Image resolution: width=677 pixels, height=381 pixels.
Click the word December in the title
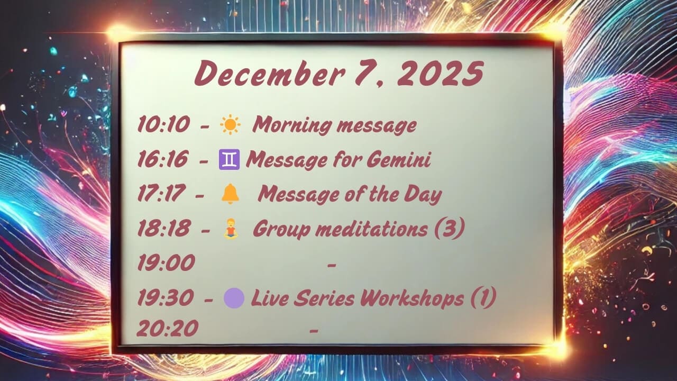[270, 72]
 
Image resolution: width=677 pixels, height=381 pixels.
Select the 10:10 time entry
[163, 124]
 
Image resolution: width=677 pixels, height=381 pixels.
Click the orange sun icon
[230, 124]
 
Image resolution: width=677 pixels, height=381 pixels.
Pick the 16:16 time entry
[162, 159]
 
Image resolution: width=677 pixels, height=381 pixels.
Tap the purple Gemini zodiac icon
[230, 159]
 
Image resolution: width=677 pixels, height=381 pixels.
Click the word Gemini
[399, 159]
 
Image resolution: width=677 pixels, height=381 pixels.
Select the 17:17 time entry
[161, 193]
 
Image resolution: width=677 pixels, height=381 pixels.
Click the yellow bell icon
[230, 194]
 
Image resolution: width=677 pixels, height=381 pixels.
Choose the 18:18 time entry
[164, 228]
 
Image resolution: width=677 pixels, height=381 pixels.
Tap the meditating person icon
[230, 229]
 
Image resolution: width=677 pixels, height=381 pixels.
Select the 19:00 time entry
[166, 262]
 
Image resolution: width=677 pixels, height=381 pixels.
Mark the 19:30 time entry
[166, 297]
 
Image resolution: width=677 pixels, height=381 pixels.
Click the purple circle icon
[234, 298]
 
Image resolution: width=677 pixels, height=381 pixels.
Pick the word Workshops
[413, 298]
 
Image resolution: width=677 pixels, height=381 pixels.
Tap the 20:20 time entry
[168, 328]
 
